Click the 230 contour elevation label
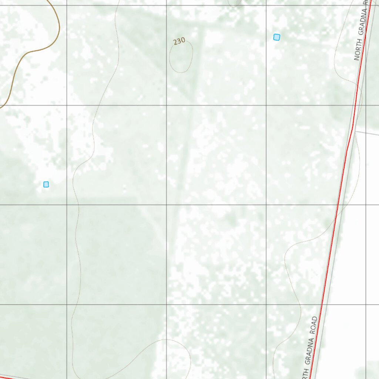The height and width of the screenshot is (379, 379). click(x=179, y=41)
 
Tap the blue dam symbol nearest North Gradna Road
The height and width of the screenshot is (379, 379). click(x=276, y=37)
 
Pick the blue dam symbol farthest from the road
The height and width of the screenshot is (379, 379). click(x=46, y=184)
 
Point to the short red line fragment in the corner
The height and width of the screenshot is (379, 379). click(x=4, y=378)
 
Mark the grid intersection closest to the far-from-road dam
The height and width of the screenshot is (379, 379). click(x=67, y=205)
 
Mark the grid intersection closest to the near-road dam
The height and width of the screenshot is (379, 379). click(x=266, y=6)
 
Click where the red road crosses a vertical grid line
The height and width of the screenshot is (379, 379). click(x=366, y=6)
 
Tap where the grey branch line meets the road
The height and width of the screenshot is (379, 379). click(x=355, y=131)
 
